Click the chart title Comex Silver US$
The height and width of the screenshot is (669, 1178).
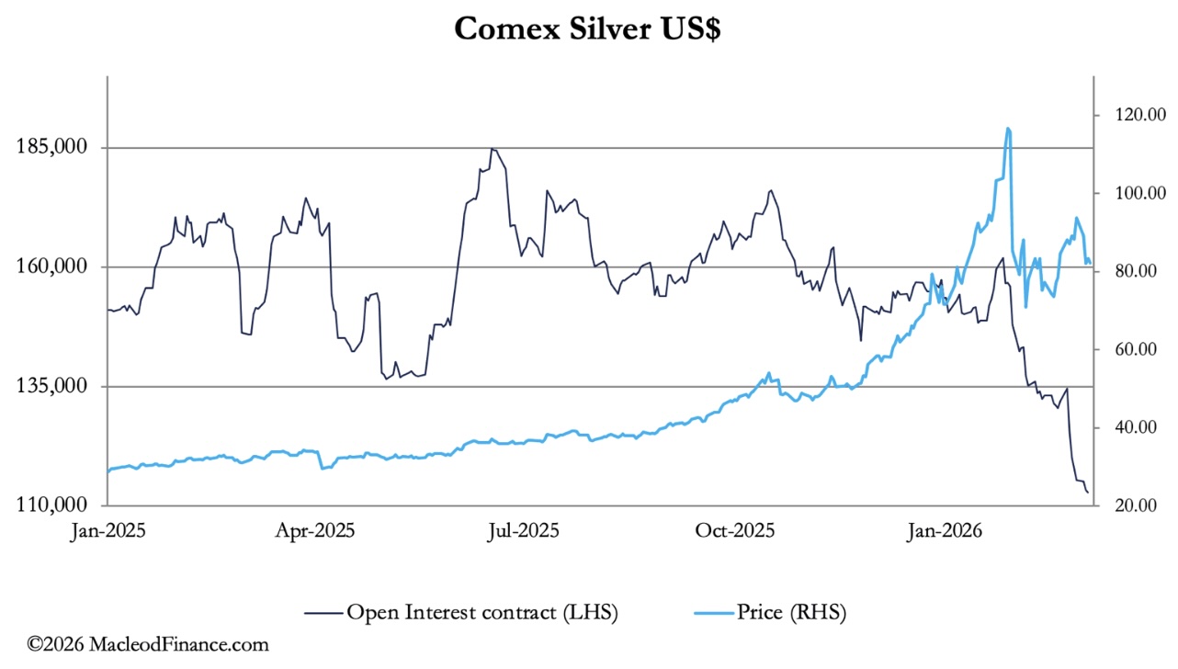tap(588, 28)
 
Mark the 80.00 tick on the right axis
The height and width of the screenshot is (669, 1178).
tap(1124, 271)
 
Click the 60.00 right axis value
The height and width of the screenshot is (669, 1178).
tap(1124, 349)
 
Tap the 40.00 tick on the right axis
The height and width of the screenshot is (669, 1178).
tap(1124, 427)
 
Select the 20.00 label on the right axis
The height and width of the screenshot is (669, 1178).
tap(1124, 505)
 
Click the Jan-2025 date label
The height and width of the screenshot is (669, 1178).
tap(109, 531)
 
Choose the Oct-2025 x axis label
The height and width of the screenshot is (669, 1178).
tap(734, 531)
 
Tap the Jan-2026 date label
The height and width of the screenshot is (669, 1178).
tap(942, 531)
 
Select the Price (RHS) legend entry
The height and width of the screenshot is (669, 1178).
tap(790, 611)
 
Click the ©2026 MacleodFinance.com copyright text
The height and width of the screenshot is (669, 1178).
tap(148, 645)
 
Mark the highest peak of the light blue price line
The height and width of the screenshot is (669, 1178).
tap(1008, 129)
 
